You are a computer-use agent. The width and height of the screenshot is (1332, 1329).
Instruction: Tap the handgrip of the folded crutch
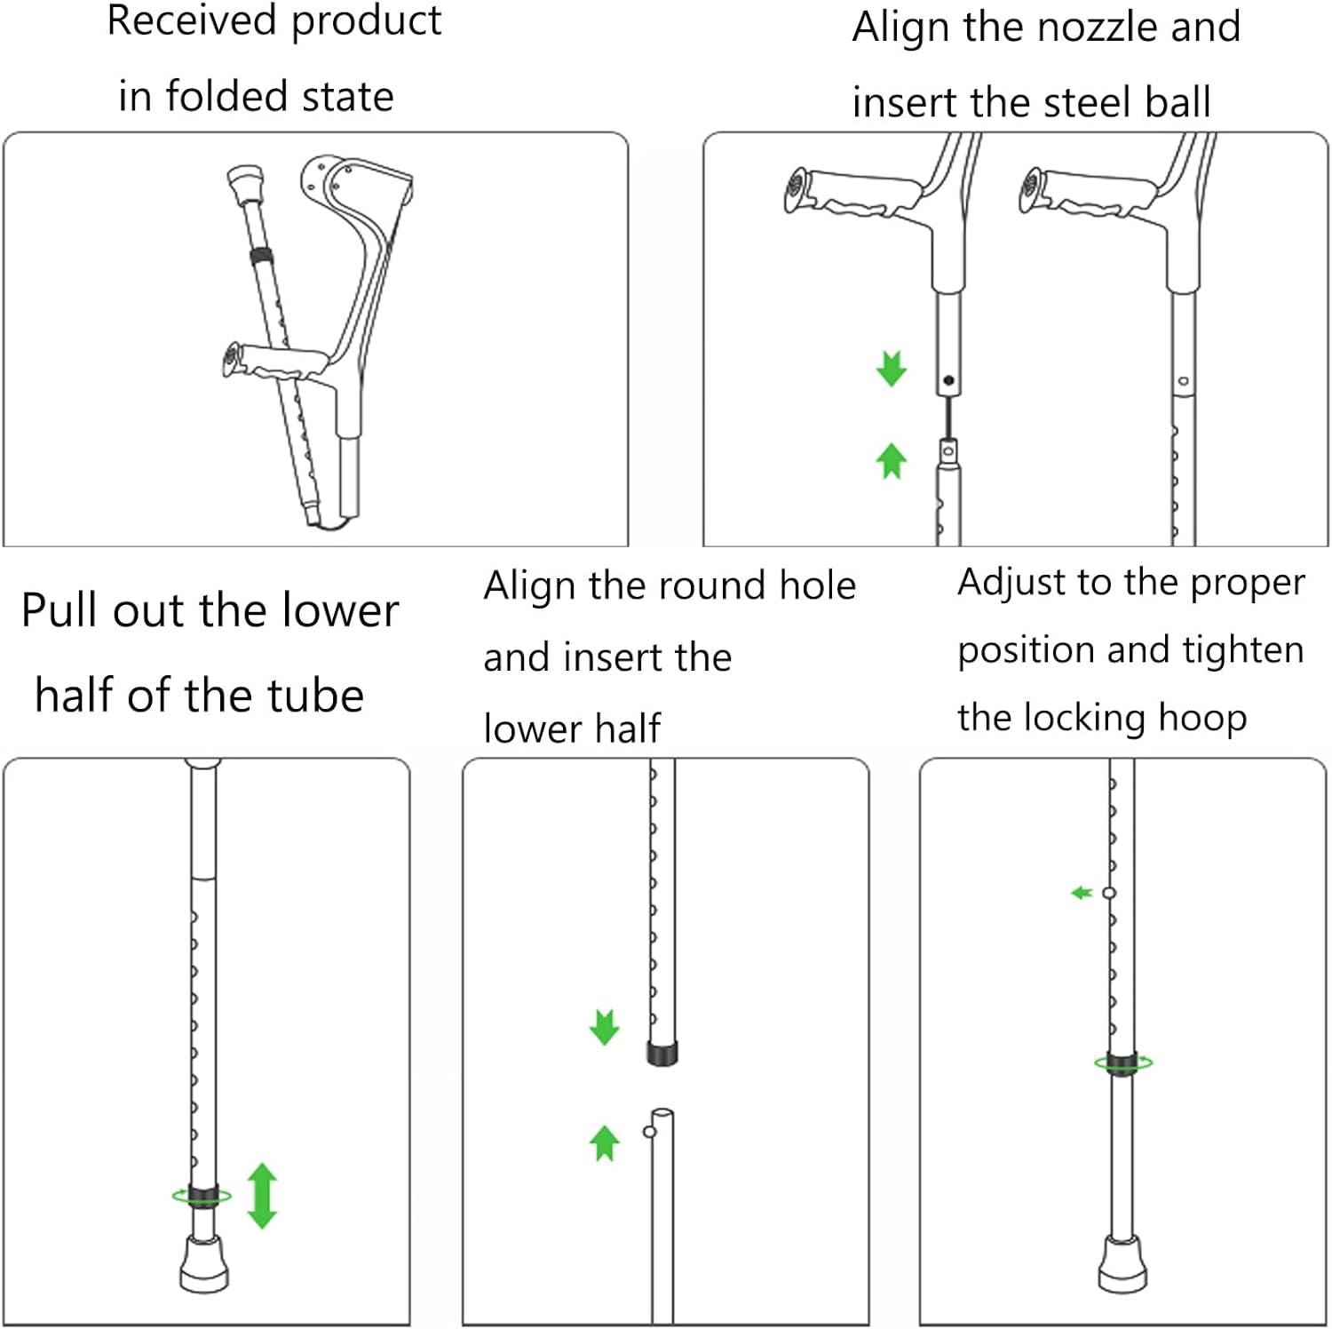(275, 362)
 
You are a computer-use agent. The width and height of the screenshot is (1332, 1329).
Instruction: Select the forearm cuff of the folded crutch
(355, 182)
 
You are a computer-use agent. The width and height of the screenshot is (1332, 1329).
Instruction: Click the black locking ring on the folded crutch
(260, 257)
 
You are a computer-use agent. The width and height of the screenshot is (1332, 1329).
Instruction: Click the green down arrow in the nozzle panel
(891, 368)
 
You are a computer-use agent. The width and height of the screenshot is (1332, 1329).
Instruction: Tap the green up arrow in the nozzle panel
(891, 460)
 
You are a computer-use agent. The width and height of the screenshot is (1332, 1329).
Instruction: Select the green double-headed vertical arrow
(262, 1196)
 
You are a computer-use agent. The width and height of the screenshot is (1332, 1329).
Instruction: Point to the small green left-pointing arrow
(1081, 892)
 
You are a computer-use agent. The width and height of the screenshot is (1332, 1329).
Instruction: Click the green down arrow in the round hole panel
(604, 1027)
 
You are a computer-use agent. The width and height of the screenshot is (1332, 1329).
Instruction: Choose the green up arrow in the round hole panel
(604, 1142)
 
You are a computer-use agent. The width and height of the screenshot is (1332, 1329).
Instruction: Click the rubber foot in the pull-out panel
(204, 1265)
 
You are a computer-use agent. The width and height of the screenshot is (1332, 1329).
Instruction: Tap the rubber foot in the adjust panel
(1122, 1265)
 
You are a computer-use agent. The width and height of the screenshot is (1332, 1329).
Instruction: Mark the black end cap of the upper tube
(662, 1054)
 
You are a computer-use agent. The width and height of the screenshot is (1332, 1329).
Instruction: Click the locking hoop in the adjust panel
(1122, 1062)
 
